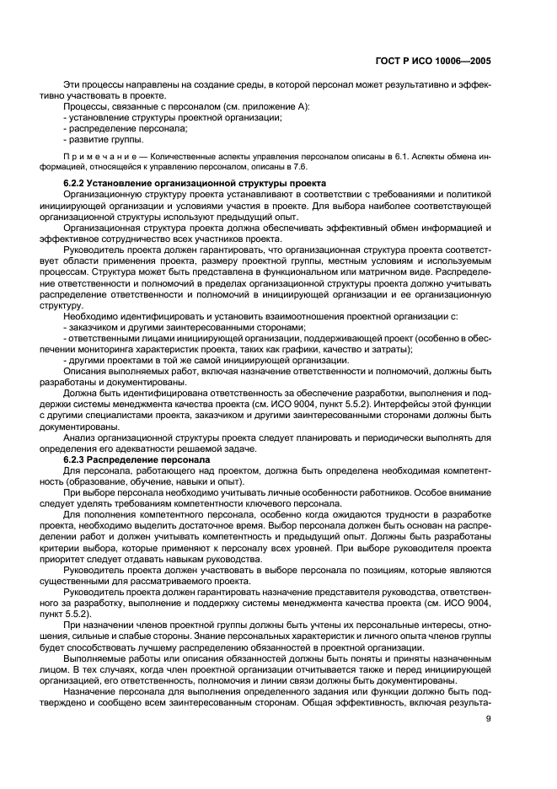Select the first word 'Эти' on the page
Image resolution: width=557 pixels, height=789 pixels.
point(72,85)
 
